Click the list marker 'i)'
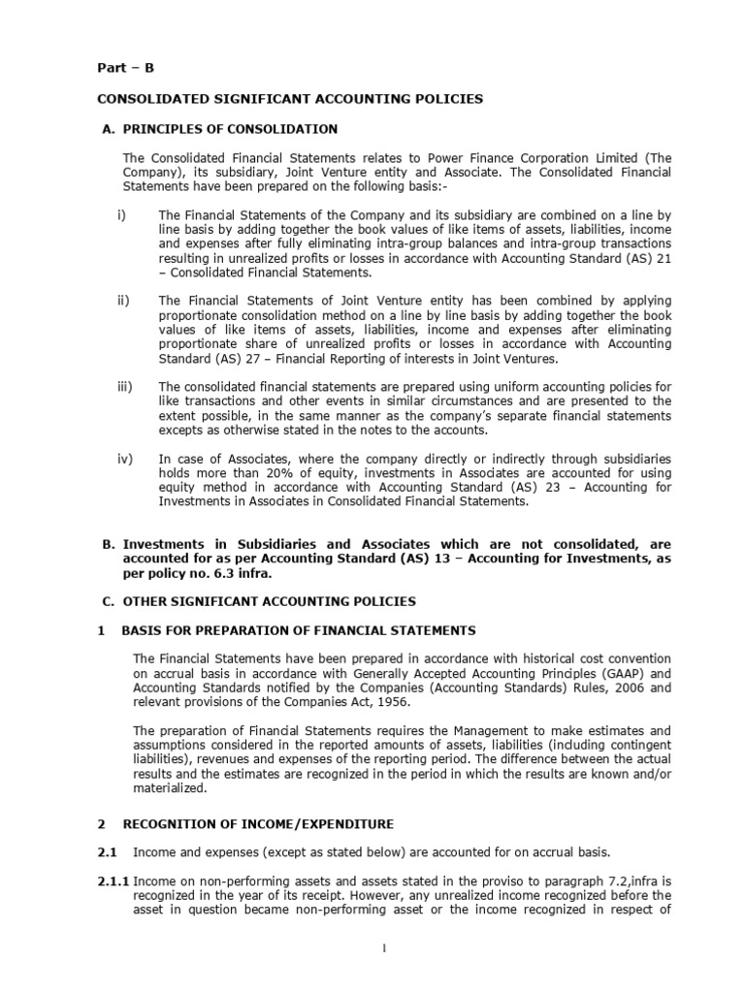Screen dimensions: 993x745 (121, 215)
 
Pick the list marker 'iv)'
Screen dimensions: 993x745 (124, 459)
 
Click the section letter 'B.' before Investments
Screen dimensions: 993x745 (109, 545)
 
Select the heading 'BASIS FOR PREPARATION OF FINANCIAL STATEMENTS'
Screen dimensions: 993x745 (299, 630)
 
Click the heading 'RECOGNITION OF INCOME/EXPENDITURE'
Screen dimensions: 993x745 (257, 823)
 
